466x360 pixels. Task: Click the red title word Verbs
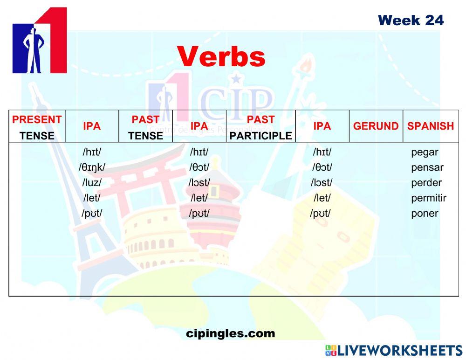[x=221, y=57]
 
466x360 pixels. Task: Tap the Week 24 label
[x=411, y=20]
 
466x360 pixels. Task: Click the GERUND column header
[x=376, y=126]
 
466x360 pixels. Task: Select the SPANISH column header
[x=430, y=126]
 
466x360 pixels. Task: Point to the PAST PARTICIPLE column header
[x=260, y=127]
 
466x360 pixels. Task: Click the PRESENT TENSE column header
[x=37, y=127]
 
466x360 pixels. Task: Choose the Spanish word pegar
[x=425, y=152]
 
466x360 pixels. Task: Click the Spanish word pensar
[x=427, y=167]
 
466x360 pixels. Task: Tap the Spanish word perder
[x=426, y=183]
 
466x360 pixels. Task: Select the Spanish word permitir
[x=428, y=198]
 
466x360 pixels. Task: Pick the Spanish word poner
[x=425, y=214]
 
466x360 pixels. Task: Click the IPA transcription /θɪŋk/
[x=92, y=167]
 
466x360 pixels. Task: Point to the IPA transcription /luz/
[x=92, y=183]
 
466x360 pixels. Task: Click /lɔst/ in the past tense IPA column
[x=199, y=183]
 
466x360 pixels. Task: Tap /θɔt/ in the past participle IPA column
[x=322, y=167]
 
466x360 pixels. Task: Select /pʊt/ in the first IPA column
[x=92, y=214]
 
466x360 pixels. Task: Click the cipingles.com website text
[x=230, y=333]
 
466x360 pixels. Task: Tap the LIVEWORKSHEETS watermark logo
[x=393, y=351]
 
